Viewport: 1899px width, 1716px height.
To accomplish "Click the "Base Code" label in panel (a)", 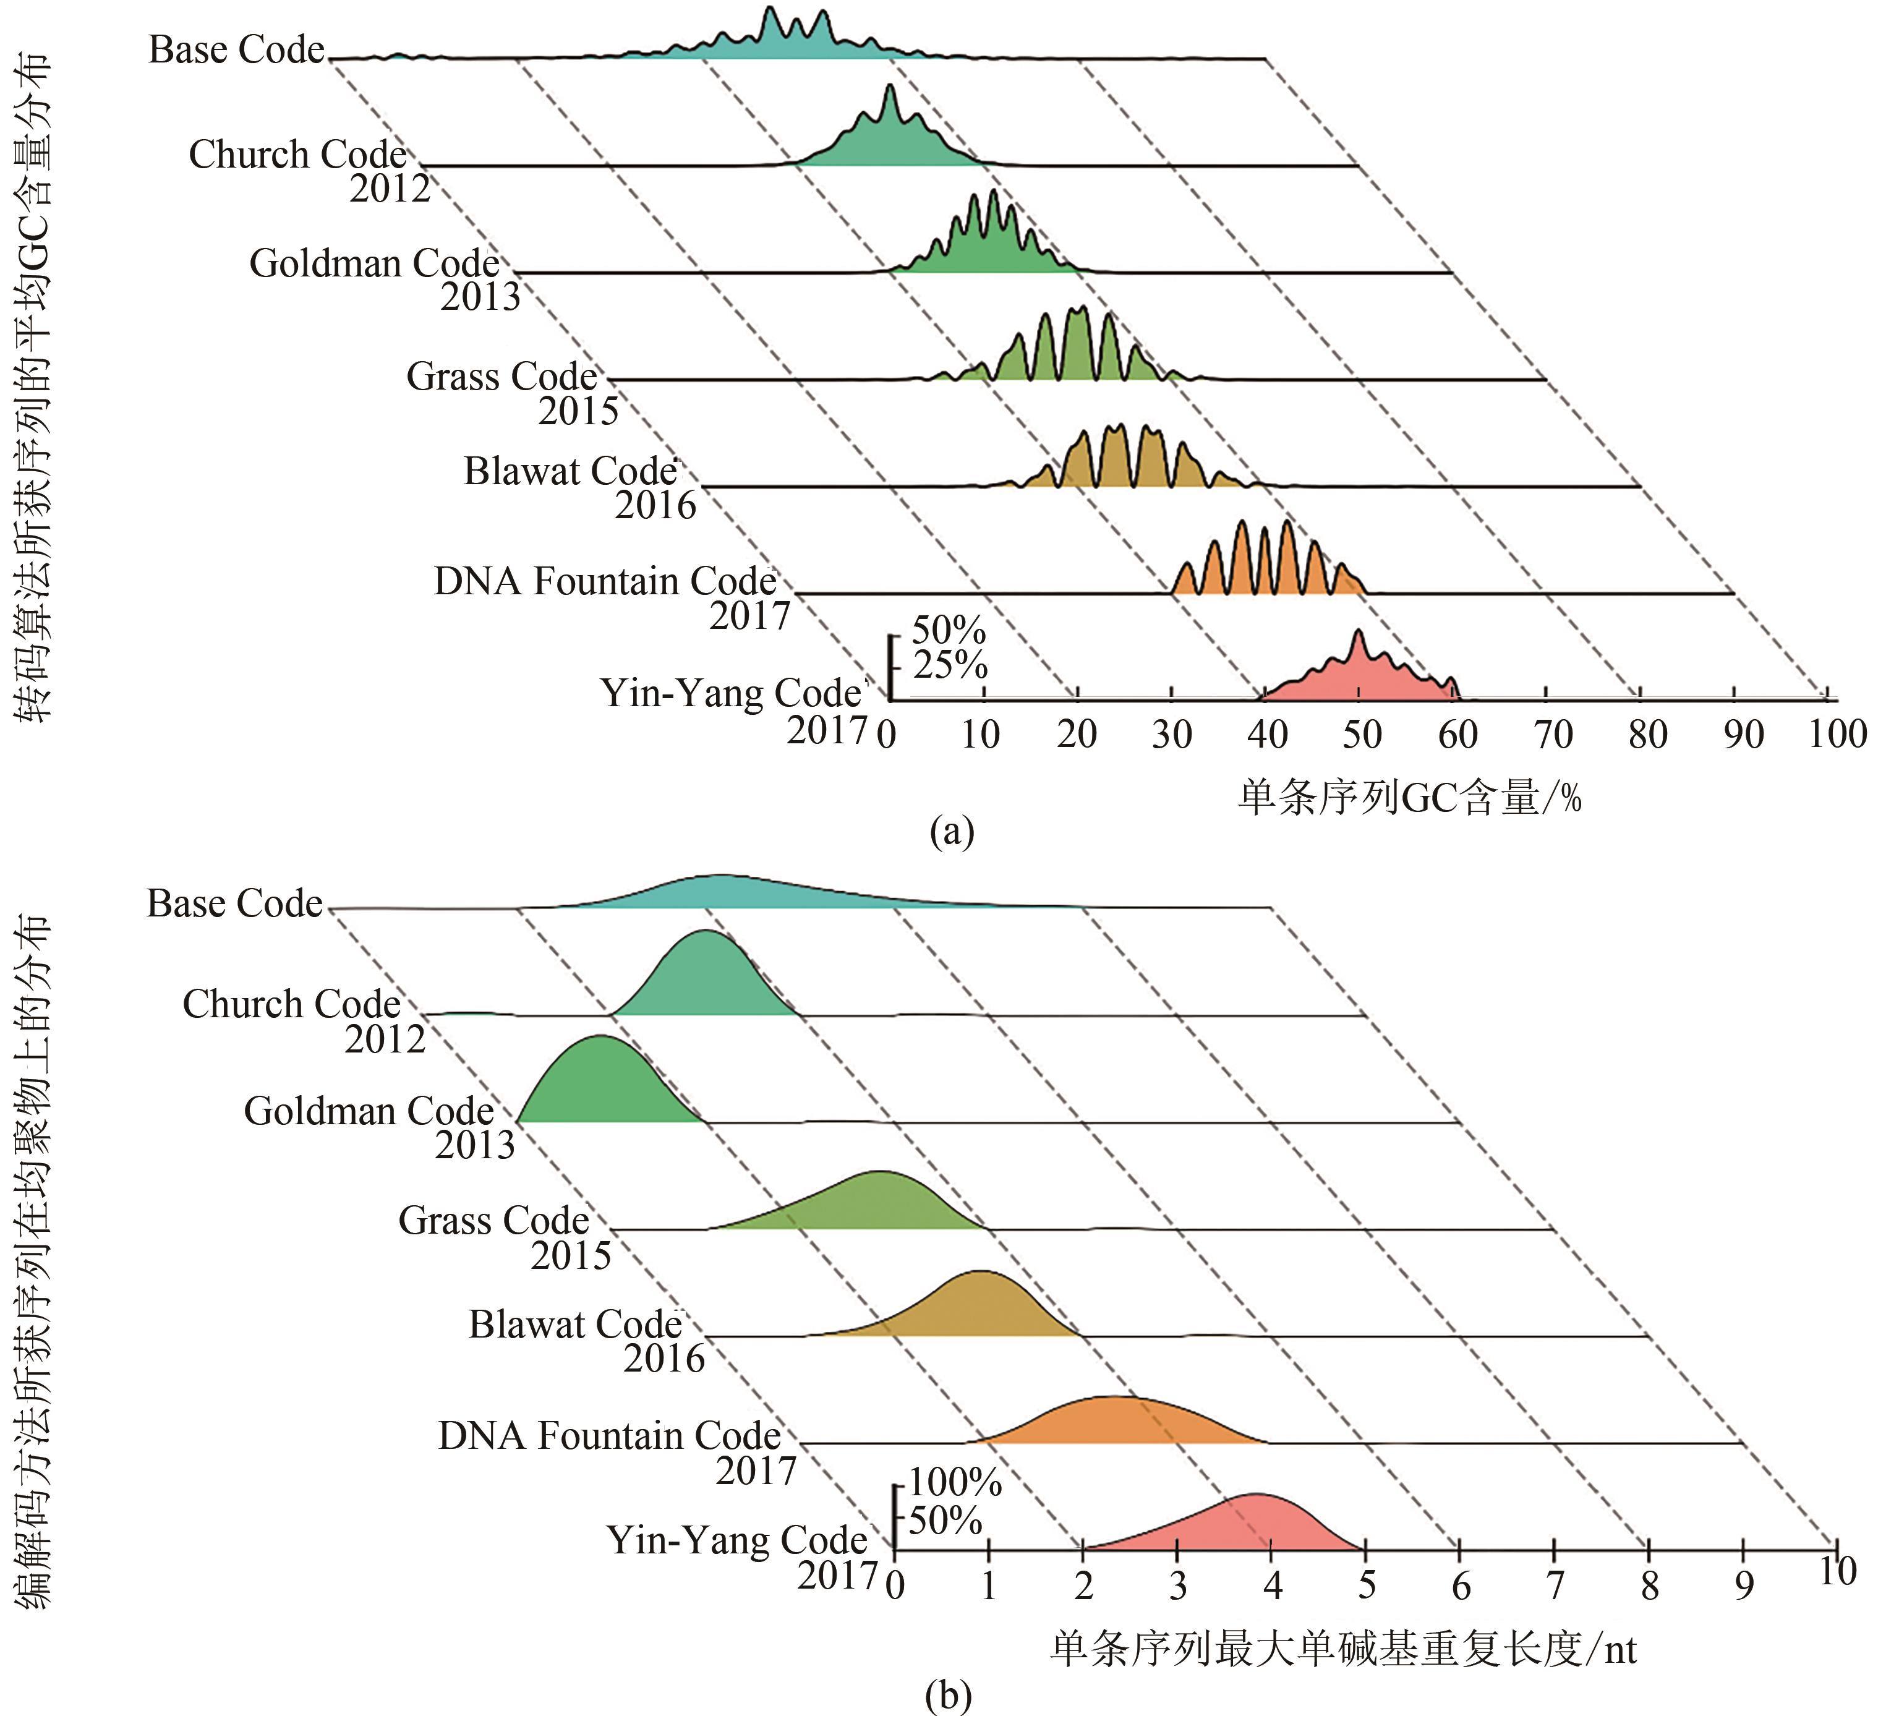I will click(236, 50).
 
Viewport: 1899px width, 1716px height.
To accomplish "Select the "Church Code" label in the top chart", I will click(297, 155).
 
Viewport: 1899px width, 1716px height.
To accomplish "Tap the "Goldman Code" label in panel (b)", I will click(369, 1111).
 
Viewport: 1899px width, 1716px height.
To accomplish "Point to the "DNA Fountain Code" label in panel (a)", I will click(605, 582).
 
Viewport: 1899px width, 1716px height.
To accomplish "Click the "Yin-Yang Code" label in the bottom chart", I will click(736, 1540).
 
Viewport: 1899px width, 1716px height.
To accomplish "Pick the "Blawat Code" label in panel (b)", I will click(574, 1325).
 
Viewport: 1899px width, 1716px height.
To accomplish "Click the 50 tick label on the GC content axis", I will click(1361, 735).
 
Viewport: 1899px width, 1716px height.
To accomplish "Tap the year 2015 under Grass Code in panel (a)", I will click(578, 412).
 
